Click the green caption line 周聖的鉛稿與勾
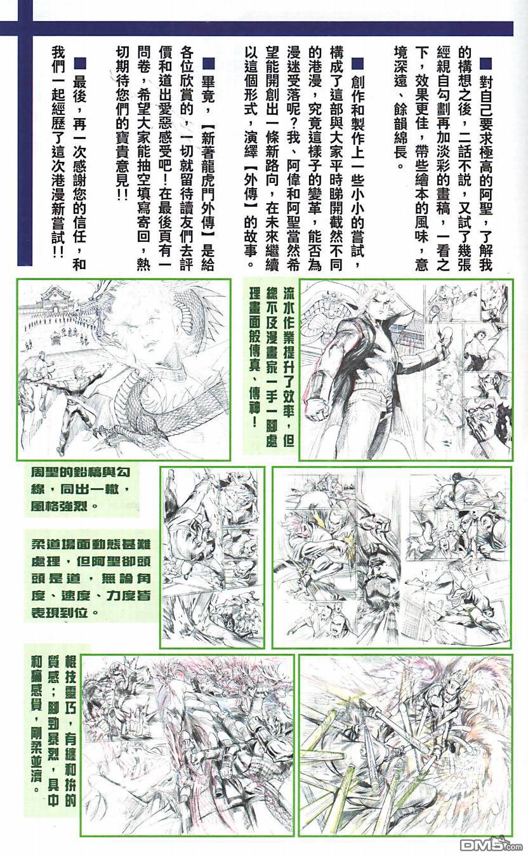click(x=81, y=472)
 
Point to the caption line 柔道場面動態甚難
click(x=91, y=545)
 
